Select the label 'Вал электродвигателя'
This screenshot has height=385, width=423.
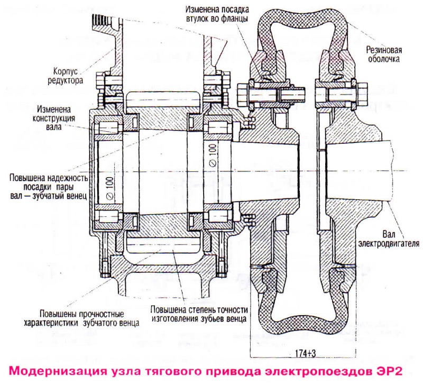(389, 239)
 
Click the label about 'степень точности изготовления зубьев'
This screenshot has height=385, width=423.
(197, 314)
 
